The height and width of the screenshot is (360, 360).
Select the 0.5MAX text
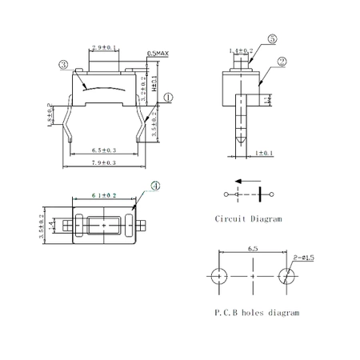[x=157, y=54]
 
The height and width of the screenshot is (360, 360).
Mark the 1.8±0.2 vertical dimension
[x=50, y=114]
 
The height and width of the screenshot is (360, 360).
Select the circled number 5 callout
[x=272, y=38]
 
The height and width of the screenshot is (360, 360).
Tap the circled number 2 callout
[x=282, y=61]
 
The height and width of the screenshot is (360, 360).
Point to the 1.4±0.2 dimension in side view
[x=241, y=50]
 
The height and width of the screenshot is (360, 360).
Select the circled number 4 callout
[x=156, y=186]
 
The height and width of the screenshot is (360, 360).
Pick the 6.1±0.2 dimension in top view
[x=105, y=194]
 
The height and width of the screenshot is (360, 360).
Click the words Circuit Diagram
[x=248, y=218]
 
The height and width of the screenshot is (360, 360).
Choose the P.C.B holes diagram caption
[x=257, y=313]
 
